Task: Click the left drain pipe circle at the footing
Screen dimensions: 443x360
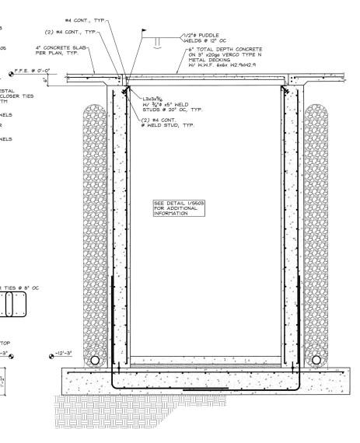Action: click(93, 361)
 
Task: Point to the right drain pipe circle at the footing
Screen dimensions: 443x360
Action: click(316, 361)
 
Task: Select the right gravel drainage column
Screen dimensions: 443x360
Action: click(316, 225)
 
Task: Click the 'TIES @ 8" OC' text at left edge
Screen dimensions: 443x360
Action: click(20, 287)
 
